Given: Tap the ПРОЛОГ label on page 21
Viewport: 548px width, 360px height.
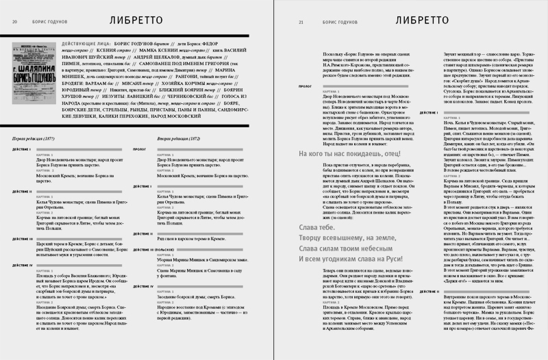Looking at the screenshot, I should pos(306,88).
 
